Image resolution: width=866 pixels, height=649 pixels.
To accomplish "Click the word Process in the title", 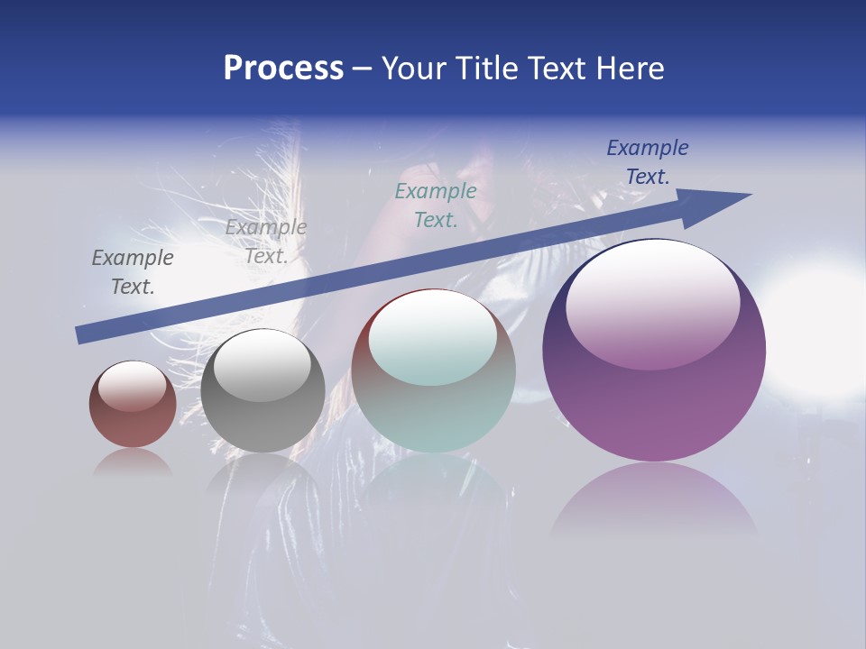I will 283,69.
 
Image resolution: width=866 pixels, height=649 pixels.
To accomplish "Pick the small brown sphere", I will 133,405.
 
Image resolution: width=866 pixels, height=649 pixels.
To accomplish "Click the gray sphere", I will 263,391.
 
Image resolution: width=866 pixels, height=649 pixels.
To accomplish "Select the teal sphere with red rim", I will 434,371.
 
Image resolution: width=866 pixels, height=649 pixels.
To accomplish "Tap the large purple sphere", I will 654,352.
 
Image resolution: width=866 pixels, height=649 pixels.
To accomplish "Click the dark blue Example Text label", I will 648,162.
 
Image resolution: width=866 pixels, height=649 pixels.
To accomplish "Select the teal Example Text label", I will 436,206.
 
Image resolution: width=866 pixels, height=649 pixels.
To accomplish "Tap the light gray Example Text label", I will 266,242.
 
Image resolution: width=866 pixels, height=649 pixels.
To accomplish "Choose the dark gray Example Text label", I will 133,272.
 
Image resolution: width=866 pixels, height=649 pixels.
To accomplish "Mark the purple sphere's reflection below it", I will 654,500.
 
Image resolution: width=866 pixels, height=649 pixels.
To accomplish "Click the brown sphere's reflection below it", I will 133,462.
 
